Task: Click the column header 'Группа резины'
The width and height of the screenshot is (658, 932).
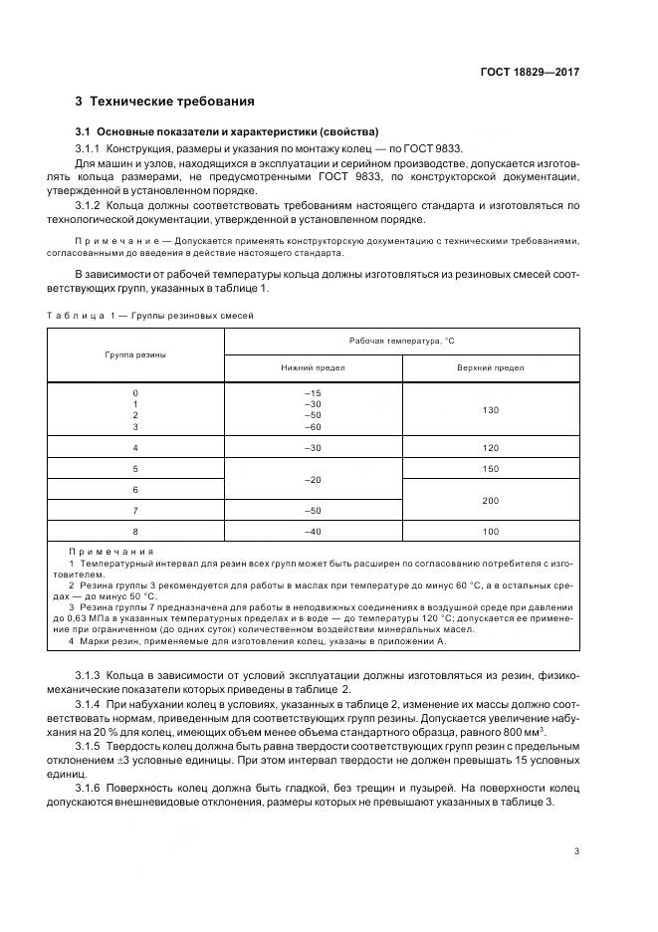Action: pos(136,354)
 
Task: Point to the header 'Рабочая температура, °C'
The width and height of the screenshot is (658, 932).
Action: pos(401,341)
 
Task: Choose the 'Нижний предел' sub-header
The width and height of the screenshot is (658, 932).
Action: pos(314,368)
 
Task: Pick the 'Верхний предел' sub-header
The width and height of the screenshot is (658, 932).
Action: pos(490,368)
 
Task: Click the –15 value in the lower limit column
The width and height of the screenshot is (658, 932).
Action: pos(314,393)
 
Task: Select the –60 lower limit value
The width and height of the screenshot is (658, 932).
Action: pos(314,426)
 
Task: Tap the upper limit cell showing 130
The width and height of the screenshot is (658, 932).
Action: pos(490,410)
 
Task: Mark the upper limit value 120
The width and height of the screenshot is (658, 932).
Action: pos(490,448)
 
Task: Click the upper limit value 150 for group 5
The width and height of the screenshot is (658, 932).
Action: pos(490,468)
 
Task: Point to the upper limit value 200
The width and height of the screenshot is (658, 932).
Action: pos(490,500)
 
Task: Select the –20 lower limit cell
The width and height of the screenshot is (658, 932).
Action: pos(314,479)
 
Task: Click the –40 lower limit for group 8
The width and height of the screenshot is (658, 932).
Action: pos(314,532)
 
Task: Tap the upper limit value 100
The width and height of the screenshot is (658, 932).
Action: pos(490,532)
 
